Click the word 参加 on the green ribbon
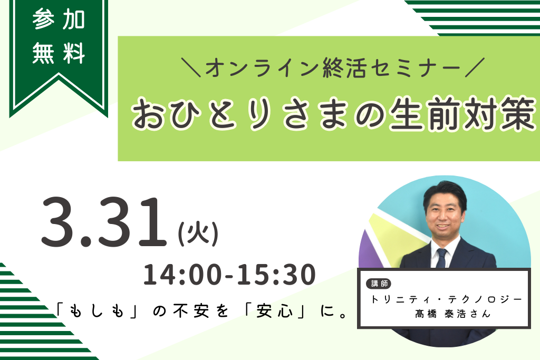point(59,20)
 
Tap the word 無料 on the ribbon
point(59,53)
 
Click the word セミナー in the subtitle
point(412,67)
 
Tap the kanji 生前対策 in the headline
point(463,113)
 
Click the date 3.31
point(104,222)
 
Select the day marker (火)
point(198,233)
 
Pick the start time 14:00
point(182,275)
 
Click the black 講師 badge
point(379,284)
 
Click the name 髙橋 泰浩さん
point(452,314)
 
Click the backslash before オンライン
point(191,67)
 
